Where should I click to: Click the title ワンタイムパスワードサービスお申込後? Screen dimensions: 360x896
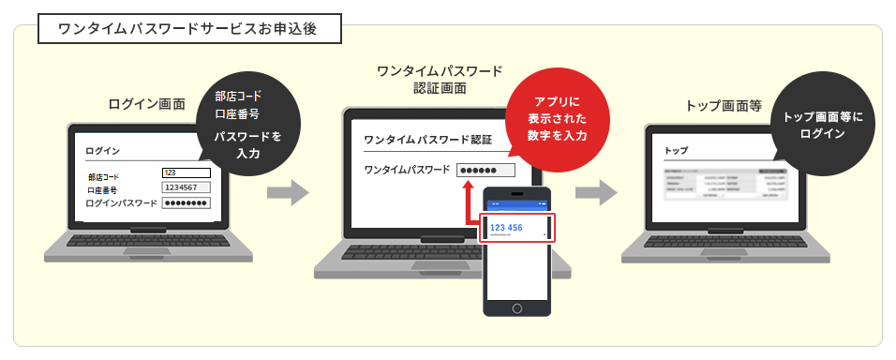(x=187, y=29)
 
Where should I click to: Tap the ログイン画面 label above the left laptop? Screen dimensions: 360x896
(x=147, y=104)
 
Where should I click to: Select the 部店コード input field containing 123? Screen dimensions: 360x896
(x=186, y=172)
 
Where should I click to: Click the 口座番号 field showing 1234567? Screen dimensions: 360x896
(x=186, y=187)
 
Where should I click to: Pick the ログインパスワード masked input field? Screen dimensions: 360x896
(x=186, y=202)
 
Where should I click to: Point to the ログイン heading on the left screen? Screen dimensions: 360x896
(x=102, y=150)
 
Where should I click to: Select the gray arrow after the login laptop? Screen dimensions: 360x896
(x=287, y=193)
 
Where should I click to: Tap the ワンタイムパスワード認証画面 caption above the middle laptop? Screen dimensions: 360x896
(x=439, y=80)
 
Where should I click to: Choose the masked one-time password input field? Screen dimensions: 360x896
(x=485, y=170)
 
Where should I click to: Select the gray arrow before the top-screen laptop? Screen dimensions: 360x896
(x=595, y=193)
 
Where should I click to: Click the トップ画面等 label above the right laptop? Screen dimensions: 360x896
(x=724, y=106)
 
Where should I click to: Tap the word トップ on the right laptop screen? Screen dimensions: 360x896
(x=676, y=150)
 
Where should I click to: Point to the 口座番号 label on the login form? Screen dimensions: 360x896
(x=102, y=188)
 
